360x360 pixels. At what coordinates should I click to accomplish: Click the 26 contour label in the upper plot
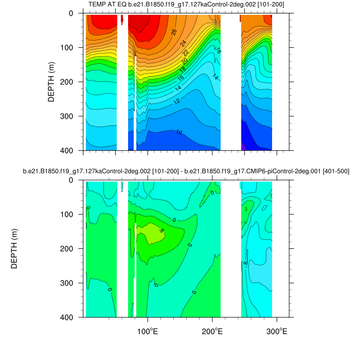click(x=174, y=32)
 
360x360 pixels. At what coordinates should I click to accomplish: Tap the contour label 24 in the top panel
click(x=184, y=43)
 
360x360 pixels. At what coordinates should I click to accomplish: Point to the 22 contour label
click(x=185, y=52)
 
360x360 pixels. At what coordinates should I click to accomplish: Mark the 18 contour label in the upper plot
click(x=182, y=69)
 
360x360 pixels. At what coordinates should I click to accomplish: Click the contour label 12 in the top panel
click(x=177, y=101)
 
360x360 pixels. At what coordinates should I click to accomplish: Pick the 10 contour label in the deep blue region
click(x=178, y=132)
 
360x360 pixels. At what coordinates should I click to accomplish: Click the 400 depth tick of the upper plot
click(x=69, y=150)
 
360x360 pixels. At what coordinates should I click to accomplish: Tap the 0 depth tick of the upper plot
click(x=73, y=13)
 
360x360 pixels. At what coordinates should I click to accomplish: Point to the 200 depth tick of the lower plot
click(x=69, y=248)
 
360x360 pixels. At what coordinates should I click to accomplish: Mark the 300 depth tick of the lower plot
click(x=69, y=283)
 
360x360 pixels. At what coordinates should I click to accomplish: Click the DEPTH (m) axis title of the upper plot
click(x=51, y=82)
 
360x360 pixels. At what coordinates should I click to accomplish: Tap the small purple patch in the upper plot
click(x=243, y=147)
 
